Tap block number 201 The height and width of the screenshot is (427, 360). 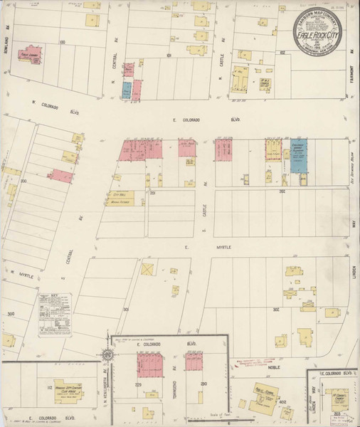[x=152, y=193]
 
